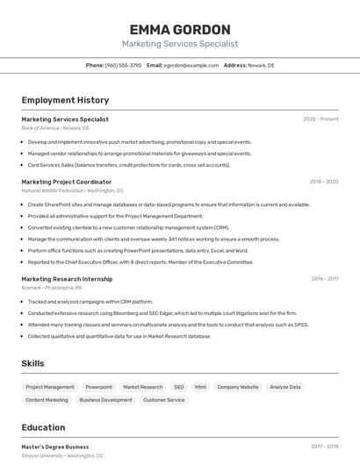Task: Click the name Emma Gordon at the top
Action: (179, 29)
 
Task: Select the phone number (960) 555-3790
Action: (123, 66)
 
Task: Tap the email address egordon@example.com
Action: (191, 66)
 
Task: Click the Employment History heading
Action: (65, 100)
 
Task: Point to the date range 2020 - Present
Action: (320, 119)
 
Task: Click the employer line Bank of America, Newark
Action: (55, 128)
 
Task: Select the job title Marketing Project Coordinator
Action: (67, 182)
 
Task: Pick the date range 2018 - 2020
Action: (323, 182)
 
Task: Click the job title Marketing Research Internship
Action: (67, 279)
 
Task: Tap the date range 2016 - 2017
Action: (324, 279)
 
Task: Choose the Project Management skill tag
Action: (50, 387)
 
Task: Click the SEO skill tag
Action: (178, 387)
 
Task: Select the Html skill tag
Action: (200, 387)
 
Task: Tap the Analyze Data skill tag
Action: (284, 387)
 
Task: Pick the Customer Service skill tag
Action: (164, 400)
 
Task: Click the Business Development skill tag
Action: (105, 400)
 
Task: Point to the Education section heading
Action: (43, 427)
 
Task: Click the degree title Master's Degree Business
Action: (55, 447)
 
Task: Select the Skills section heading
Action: (33, 363)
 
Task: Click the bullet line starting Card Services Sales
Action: (129, 165)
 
